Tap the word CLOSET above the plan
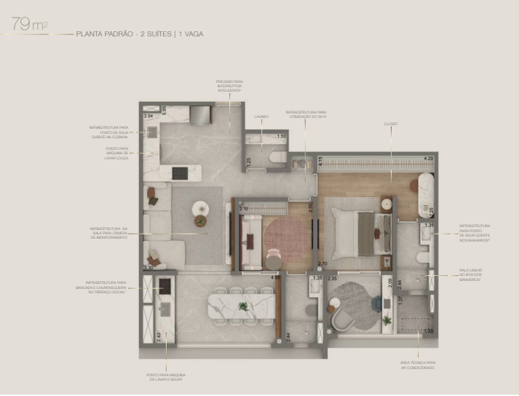click(390, 124)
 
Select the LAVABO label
click(261, 116)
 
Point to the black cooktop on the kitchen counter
click(180, 173)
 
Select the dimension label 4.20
click(428, 158)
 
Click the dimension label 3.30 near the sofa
click(148, 268)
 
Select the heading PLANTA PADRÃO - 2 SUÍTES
click(121, 34)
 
